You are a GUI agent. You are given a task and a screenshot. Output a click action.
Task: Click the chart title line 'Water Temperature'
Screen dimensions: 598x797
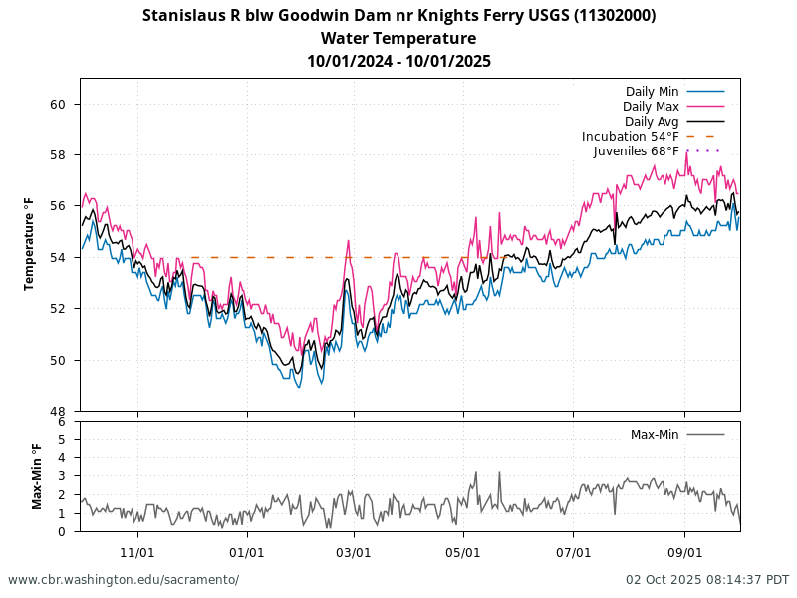click(398, 38)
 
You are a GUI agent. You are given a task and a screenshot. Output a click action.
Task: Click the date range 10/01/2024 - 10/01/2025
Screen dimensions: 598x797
click(398, 61)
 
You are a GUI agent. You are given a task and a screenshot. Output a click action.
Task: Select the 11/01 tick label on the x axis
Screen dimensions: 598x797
click(137, 552)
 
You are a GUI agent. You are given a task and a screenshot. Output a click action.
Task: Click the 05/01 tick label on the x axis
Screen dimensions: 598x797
click(463, 552)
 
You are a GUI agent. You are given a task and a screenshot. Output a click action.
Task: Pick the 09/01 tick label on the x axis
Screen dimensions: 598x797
click(685, 552)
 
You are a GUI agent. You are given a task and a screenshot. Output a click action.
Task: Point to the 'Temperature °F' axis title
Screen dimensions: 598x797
click(30, 244)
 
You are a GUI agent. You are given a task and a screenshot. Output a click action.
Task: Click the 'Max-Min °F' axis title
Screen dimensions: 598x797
click(37, 476)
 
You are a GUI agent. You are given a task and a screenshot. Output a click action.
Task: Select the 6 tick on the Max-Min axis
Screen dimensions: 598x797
click(62, 422)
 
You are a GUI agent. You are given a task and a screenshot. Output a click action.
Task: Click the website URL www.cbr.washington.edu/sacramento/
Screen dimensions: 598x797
click(124, 580)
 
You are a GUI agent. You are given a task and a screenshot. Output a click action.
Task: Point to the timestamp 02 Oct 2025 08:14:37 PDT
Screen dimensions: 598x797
click(707, 580)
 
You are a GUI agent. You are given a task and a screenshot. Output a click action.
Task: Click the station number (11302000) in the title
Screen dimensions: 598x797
click(615, 15)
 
